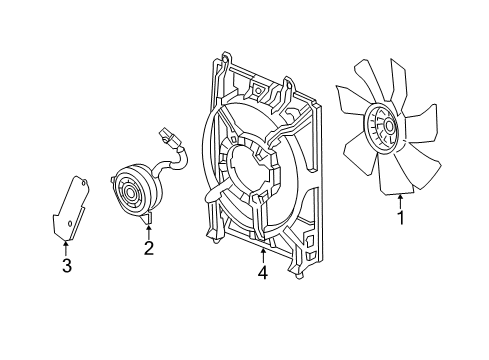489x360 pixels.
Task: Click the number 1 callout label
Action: point(401,216)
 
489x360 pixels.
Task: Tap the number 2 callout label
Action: point(148,247)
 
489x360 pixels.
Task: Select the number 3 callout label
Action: point(66,265)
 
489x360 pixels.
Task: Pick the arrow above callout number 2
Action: point(148,229)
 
